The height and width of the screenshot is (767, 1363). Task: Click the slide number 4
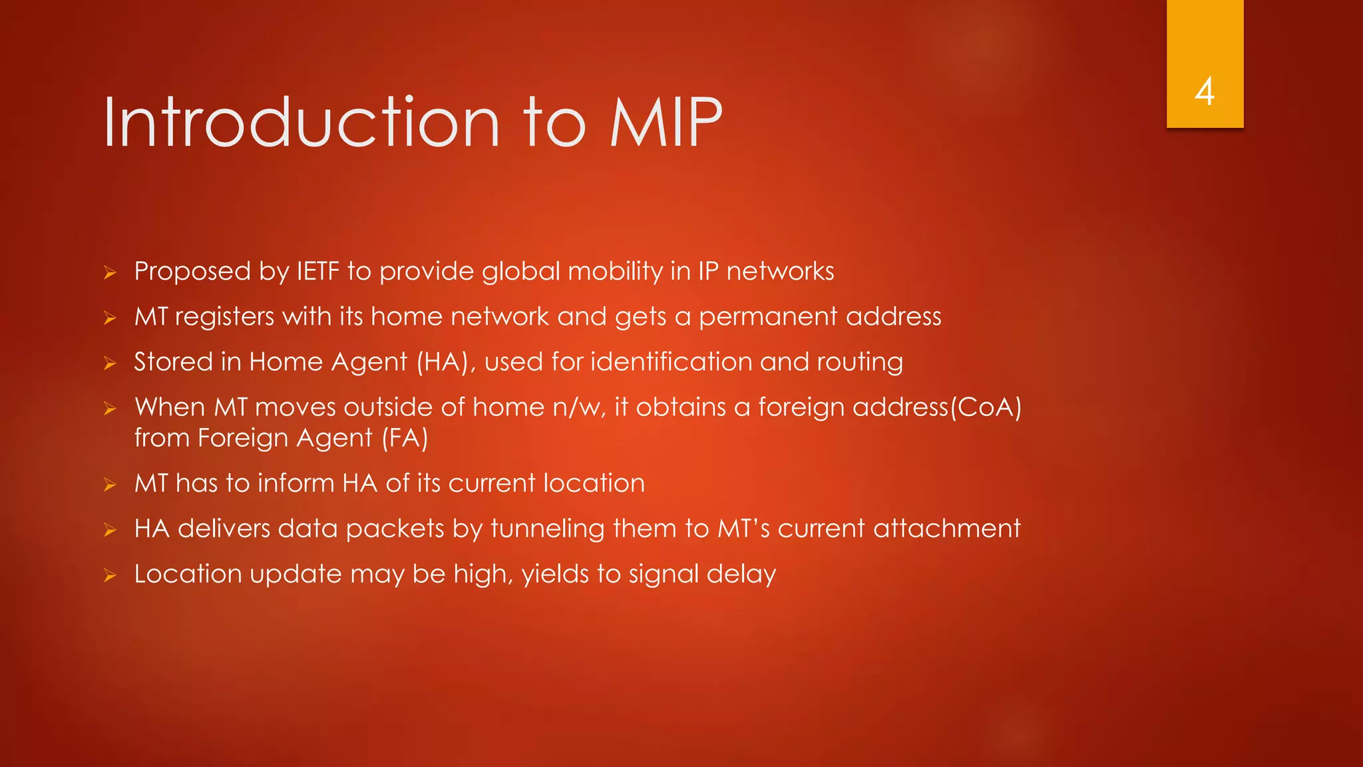coord(1205,92)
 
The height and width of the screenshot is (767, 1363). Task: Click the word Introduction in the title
coord(301,123)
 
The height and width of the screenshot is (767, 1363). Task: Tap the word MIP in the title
coord(666,123)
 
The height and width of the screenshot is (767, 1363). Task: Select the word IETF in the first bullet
coord(317,272)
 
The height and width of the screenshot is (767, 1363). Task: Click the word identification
coord(672,362)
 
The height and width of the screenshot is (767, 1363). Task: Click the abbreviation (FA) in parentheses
coord(405,438)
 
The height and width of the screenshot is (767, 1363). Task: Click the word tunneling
coord(548,529)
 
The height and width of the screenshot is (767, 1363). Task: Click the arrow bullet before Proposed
coord(110,272)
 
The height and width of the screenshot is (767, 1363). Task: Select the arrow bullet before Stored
coord(110,363)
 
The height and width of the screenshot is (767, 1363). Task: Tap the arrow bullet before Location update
coord(110,575)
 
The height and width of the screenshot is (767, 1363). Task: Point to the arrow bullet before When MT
coord(110,408)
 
